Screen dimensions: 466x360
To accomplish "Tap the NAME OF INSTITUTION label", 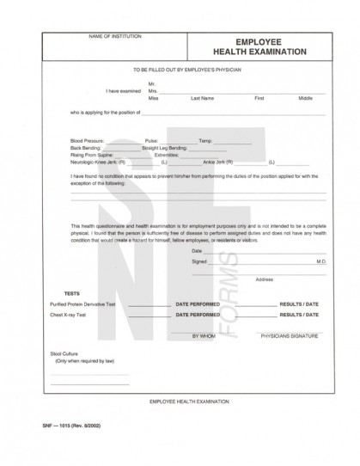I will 115,37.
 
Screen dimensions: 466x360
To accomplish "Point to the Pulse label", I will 151,140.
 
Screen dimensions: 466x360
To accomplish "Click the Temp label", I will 204,140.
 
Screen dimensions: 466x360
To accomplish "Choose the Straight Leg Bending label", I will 163,147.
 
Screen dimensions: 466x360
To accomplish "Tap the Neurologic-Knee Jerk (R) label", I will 98,161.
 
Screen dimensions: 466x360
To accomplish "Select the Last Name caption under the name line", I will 201,98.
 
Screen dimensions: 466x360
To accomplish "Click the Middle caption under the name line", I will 305,98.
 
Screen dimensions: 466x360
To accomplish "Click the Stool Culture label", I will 64,353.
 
